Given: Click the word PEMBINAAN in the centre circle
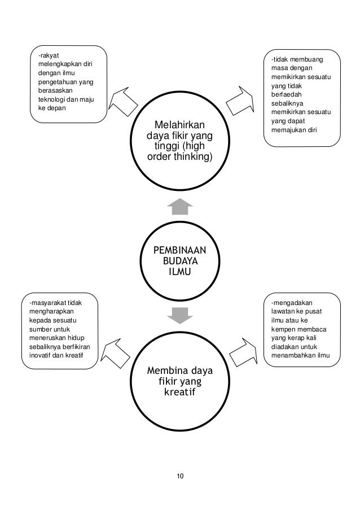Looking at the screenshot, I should point(180,250).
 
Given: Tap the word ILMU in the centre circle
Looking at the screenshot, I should point(180,273).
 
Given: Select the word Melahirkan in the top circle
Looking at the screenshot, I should point(180,125).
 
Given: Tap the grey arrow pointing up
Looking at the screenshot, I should point(180,207).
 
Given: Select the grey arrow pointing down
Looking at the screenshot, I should point(180,315).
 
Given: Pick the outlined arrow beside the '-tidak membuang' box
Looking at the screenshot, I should point(241,101).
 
